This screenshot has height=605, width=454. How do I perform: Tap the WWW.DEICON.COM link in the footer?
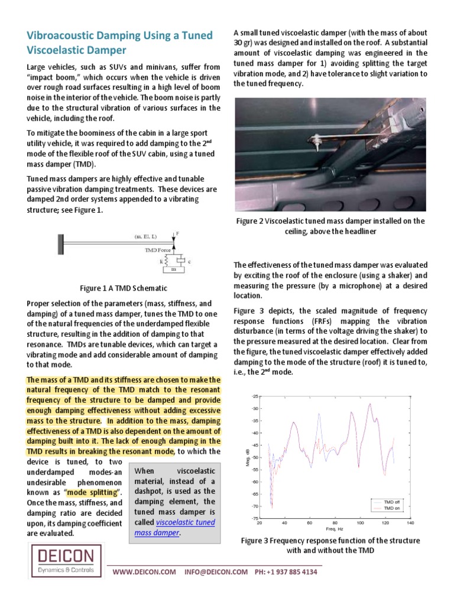point(144,572)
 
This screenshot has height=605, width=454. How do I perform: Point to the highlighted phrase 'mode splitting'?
point(94,493)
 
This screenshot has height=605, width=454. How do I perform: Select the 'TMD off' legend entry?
point(392,501)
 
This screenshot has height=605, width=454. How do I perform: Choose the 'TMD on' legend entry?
point(392,508)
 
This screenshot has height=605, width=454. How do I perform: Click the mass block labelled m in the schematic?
point(174,270)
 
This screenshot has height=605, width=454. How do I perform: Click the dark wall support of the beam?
point(60,242)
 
